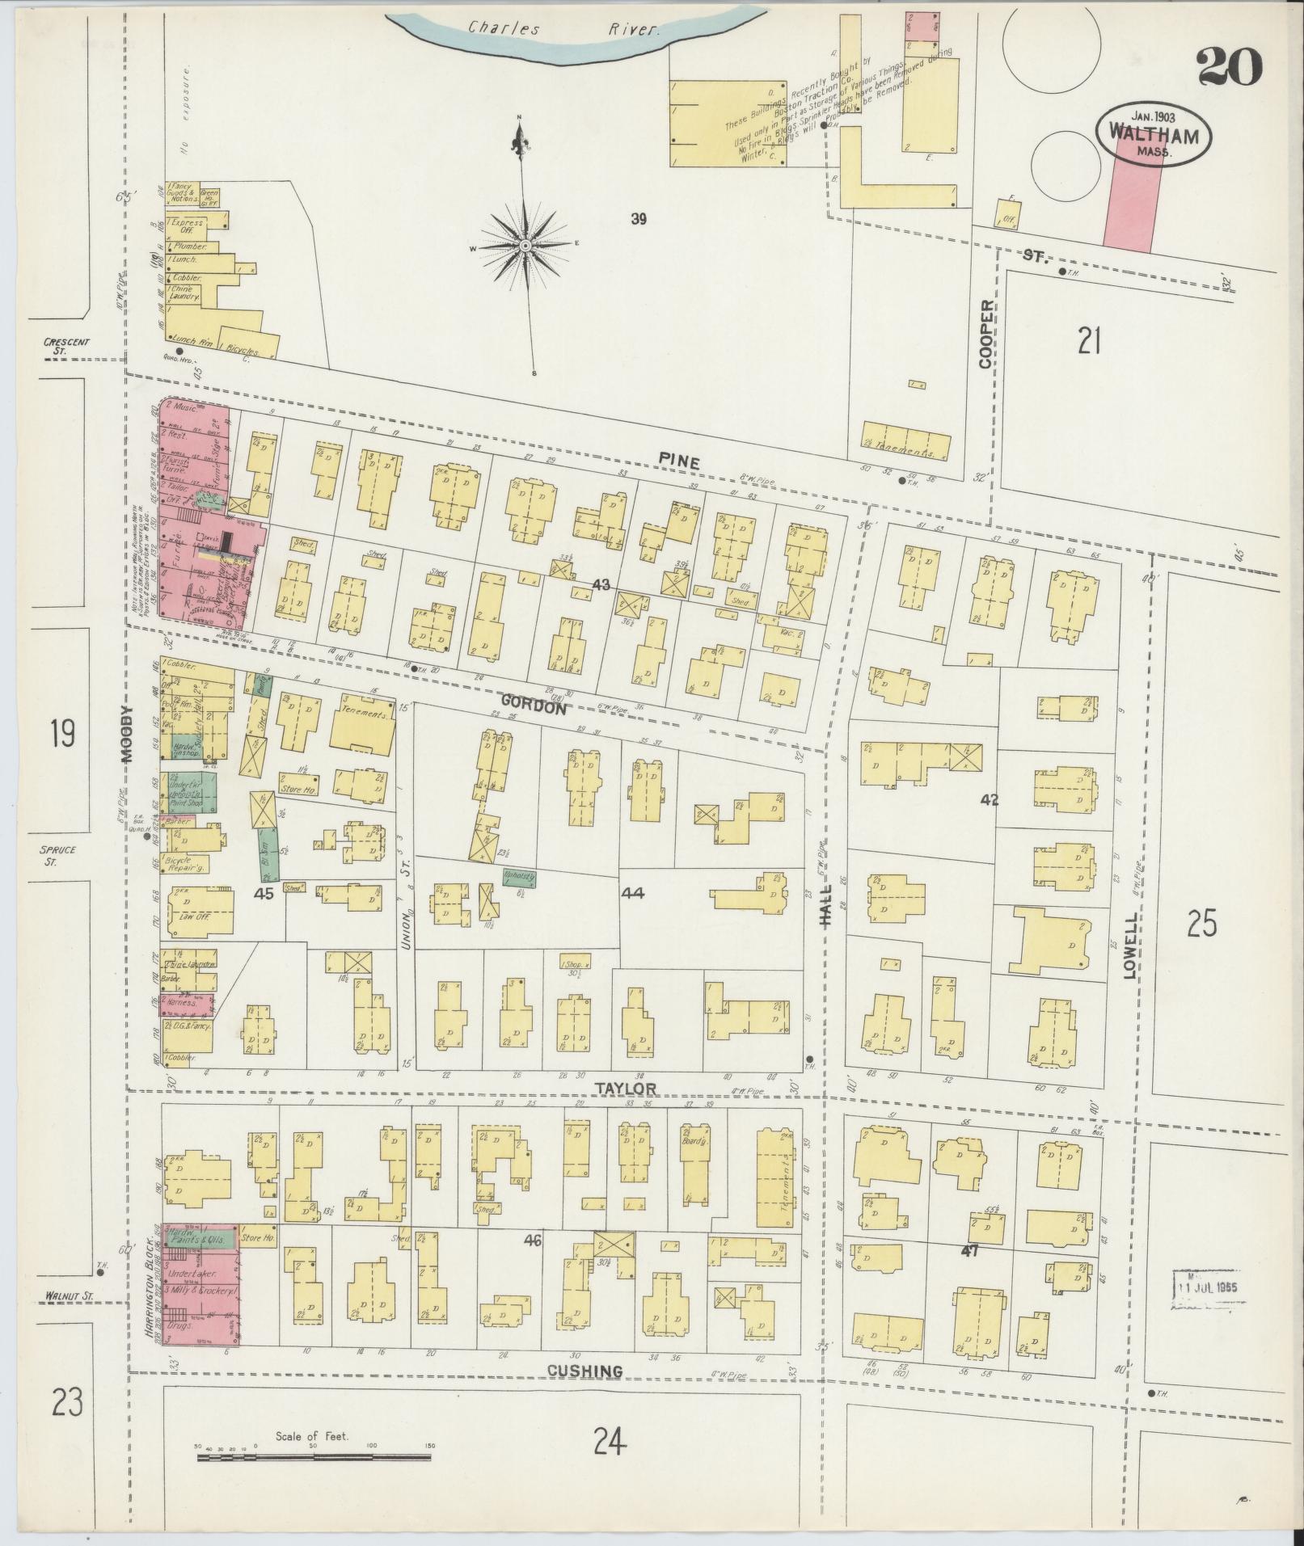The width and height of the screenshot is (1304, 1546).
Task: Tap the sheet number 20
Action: click(x=1230, y=68)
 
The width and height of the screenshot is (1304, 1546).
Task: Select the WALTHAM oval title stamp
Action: click(x=1153, y=134)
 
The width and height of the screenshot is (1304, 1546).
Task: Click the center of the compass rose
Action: click(x=525, y=245)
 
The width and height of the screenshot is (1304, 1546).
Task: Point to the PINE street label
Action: click(x=677, y=461)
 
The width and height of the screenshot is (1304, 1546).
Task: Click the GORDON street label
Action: click(x=533, y=705)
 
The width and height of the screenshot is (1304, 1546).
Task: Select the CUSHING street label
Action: click(x=584, y=1371)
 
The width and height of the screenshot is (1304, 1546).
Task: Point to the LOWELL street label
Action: click(x=1129, y=946)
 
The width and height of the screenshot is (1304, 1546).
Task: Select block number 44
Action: click(x=632, y=893)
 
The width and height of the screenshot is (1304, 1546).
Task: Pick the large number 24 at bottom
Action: click(x=609, y=1440)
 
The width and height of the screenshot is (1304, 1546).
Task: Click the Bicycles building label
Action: click(x=242, y=352)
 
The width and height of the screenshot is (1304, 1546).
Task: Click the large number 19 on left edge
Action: click(x=61, y=734)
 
